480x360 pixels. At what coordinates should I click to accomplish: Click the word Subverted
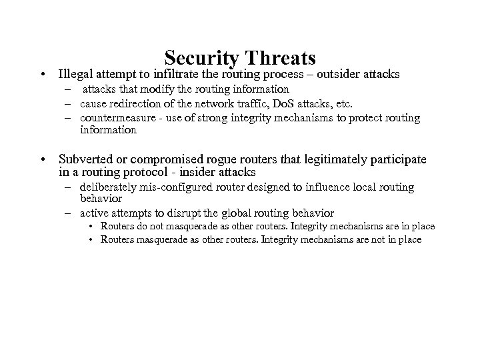[85, 159]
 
